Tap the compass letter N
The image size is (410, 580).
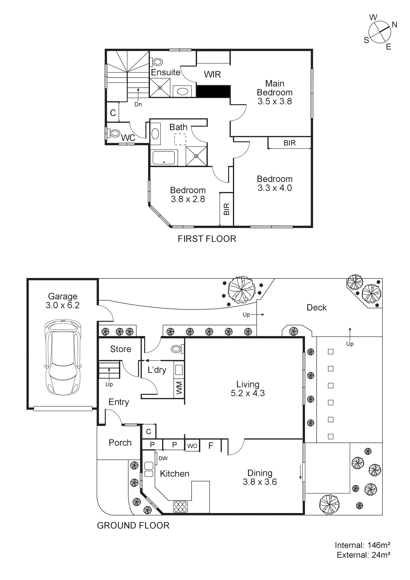click(x=394, y=25)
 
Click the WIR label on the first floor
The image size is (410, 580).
click(x=212, y=74)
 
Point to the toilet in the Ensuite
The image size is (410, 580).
click(x=157, y=62)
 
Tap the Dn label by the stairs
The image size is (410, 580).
click(x=138, y=104)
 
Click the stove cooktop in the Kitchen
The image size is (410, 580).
click(x=180, y=507)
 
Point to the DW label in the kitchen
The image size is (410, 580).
click(x=163, y=458)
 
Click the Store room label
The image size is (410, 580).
click(x=121, y=349)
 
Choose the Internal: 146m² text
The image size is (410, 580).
click(x=362, y=545)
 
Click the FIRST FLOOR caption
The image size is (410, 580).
click(x=207, y=239)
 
